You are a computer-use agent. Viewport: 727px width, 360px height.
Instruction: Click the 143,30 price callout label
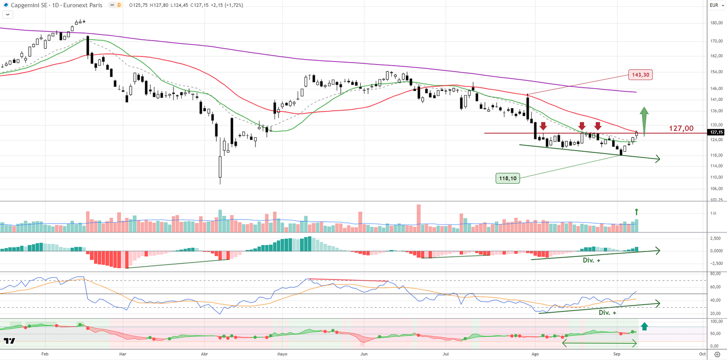[x=640, y=75]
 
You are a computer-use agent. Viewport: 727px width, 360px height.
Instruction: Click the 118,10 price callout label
[x=508, y=178]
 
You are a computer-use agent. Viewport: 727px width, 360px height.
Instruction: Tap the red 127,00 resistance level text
[x=681, y=129]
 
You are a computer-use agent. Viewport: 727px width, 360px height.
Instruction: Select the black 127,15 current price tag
[x=717, y=132]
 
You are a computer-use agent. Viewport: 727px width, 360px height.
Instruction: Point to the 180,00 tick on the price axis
[x=716, y=23]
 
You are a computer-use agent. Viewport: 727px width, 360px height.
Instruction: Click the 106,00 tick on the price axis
[x=716, y=189]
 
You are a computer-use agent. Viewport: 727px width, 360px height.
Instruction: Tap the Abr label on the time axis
[x=204, y=354]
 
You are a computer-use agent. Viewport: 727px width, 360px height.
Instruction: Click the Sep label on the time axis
[x=617, y=354]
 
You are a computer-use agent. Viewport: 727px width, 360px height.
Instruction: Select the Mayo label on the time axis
[x=282, y=354]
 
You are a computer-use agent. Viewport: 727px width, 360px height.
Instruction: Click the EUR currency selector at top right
[x=717, y=5]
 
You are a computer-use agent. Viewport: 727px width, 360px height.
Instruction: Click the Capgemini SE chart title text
[x=29, y=5]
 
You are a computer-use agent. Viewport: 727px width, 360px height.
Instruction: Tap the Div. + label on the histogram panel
[x=592, y=260]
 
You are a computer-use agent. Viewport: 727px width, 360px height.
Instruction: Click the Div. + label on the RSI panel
[x=607, y=313]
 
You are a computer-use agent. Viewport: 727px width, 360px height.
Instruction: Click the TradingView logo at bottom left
[x=9, y=341]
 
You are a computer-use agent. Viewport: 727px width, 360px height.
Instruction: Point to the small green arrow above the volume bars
[x=637, y=212]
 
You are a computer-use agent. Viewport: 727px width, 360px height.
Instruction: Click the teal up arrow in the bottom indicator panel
[x=644, y=326]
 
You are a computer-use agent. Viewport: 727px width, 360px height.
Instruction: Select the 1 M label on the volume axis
[x=713, y=213]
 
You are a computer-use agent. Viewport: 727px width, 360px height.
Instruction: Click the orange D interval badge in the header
[x=119, y=5]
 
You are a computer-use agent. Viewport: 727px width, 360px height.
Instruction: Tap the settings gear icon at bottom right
[x=717, y=355]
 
